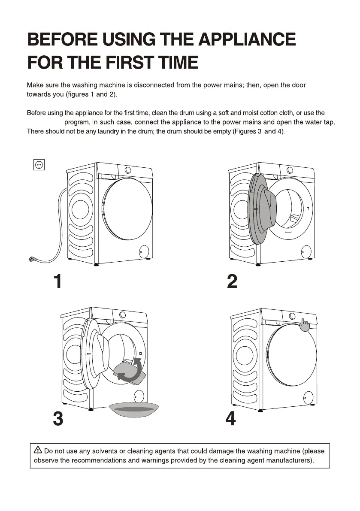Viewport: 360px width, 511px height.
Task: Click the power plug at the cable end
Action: point(33,259)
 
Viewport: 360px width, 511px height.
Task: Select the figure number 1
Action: point(57,281)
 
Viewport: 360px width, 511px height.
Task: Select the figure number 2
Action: point(232,281)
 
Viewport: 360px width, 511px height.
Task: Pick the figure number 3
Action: point(57,419)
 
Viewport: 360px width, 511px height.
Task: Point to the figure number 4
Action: point(230,419)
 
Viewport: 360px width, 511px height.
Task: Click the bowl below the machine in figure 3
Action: point(134,409)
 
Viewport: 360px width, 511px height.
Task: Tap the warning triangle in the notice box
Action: point(38,451)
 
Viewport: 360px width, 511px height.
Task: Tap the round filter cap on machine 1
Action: point(144,251)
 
